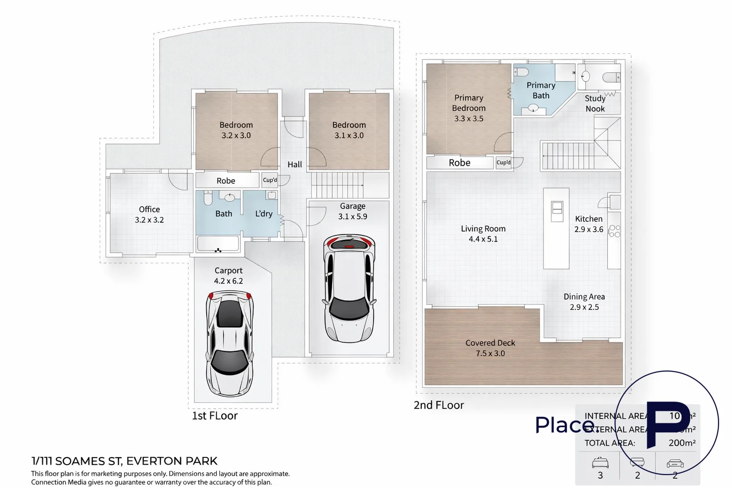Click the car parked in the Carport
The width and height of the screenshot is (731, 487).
229,343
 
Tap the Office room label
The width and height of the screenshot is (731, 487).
149,209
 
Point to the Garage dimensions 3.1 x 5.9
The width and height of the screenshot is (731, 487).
353,216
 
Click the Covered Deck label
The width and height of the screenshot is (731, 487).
490,343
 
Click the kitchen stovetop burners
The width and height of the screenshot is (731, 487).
614,231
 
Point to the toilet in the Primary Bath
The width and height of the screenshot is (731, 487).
522,72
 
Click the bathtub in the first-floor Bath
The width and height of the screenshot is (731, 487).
218,243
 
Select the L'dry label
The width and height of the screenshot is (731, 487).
264,214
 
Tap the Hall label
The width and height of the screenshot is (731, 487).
295,165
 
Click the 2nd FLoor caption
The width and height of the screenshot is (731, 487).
438,405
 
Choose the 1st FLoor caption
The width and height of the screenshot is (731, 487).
215,416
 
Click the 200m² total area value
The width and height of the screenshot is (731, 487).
682,443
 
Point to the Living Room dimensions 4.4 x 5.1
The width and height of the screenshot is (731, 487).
483,239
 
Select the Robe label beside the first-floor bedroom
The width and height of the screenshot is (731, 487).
226,181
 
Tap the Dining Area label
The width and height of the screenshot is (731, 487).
584,297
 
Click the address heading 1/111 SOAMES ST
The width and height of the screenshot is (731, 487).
124,461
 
